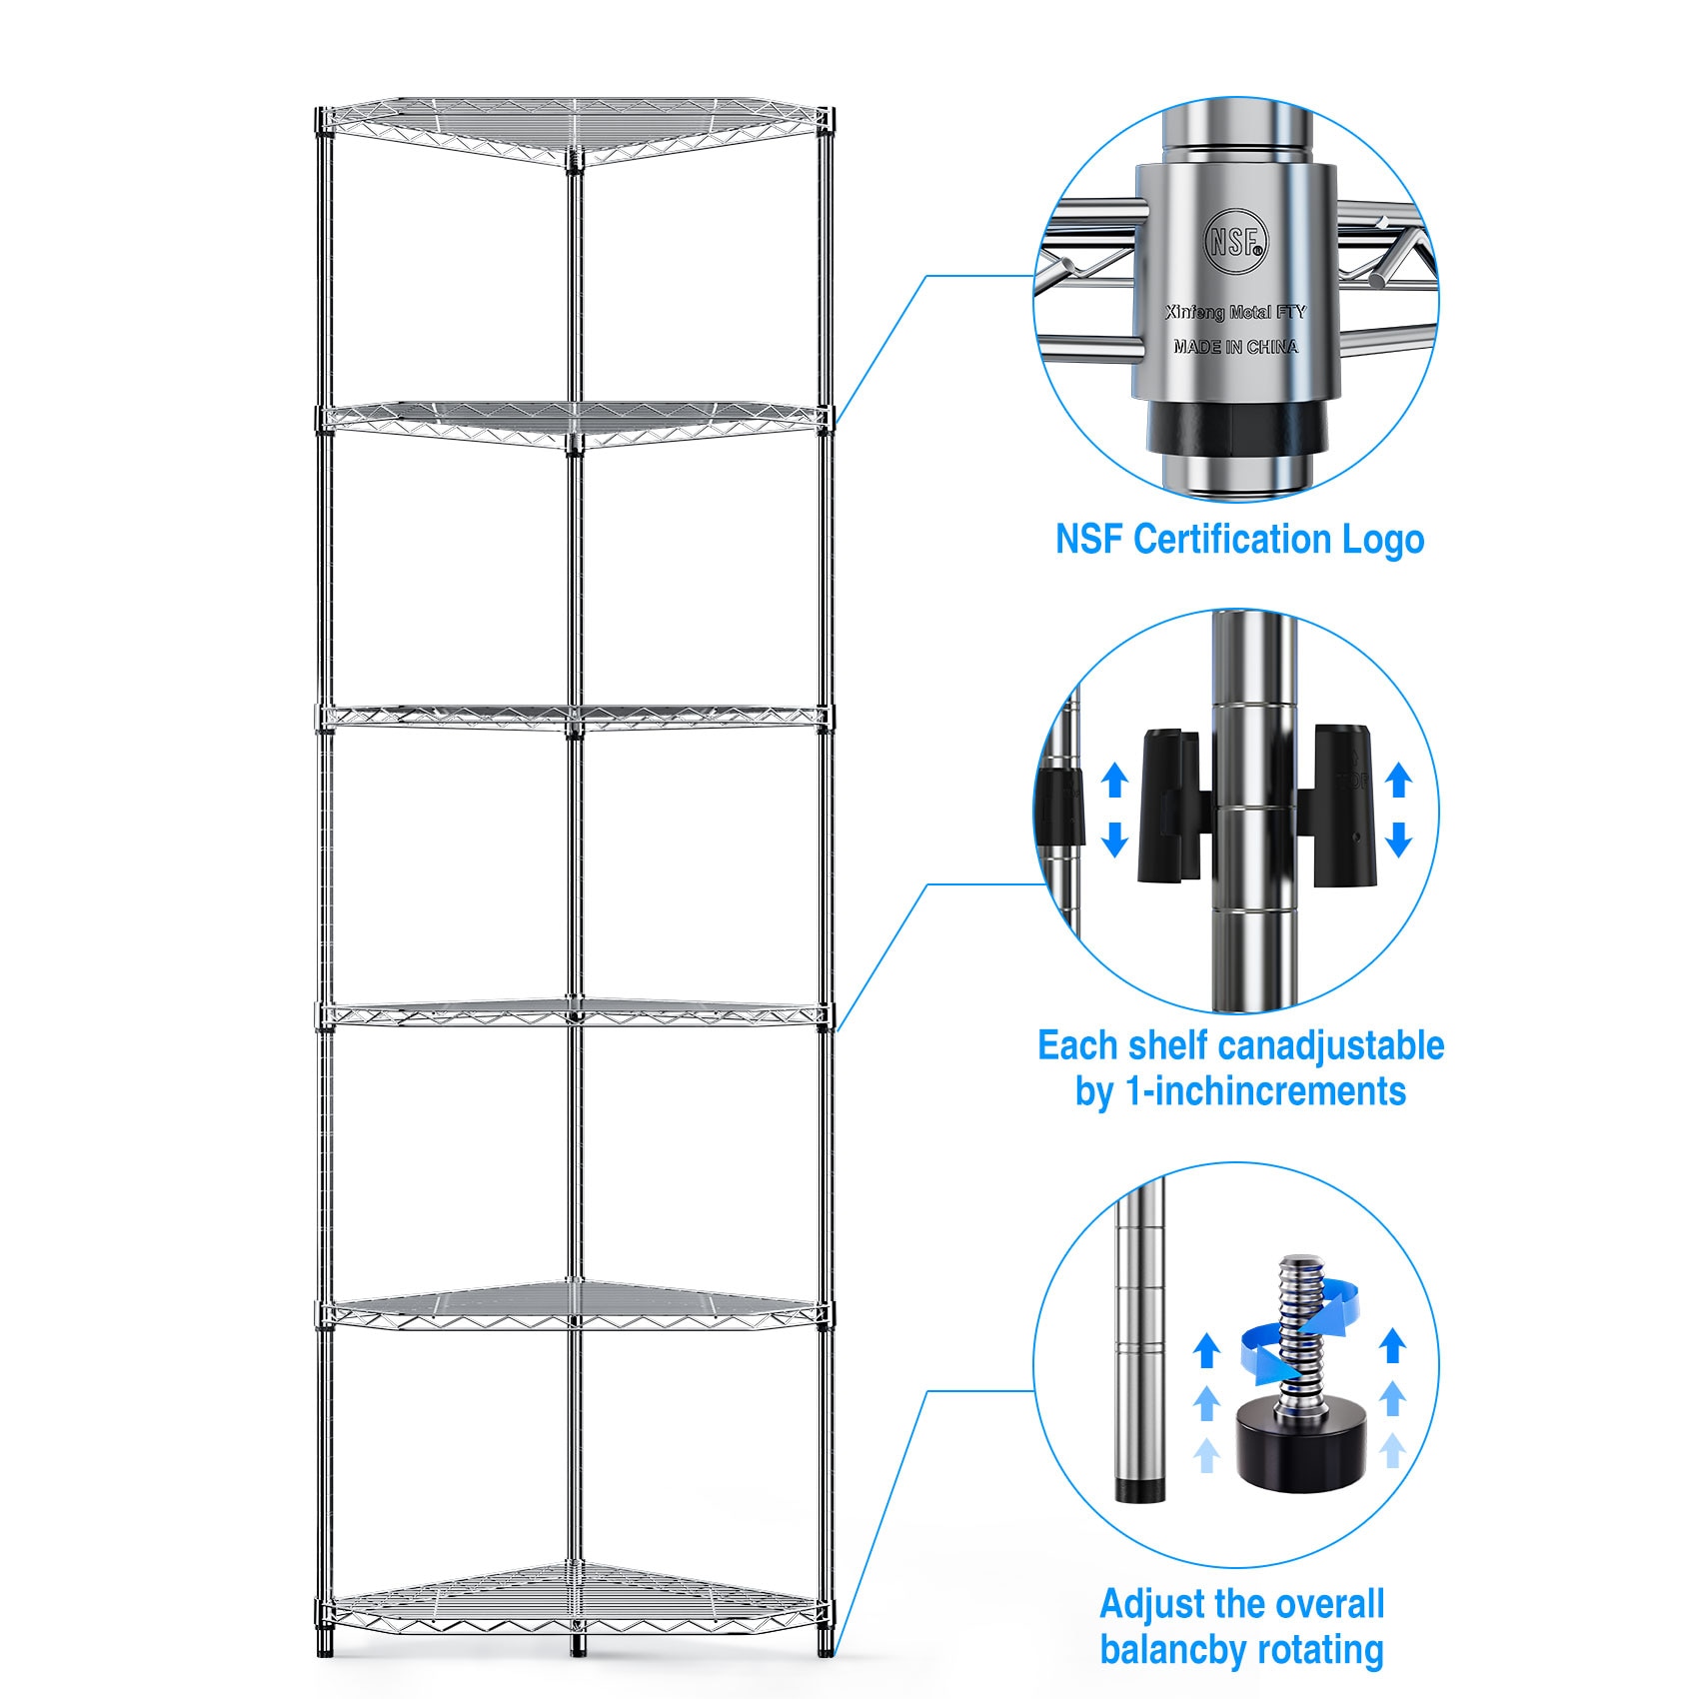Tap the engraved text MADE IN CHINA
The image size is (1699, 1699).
tap(1235, 347)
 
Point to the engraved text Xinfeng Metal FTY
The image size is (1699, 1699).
tap(1235, 313)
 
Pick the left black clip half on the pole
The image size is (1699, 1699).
tap(1169, 806)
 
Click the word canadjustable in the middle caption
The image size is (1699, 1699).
tap(1332, 1046)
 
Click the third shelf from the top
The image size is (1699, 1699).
tap(574, 716)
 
